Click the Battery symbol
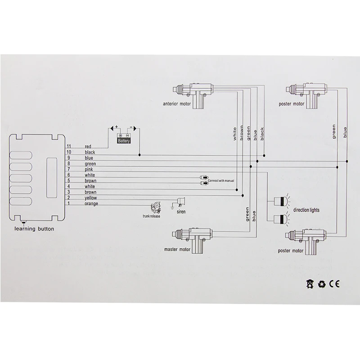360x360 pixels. (124, 139)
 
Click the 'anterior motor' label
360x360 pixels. (177, 104)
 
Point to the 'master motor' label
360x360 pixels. (177, 249)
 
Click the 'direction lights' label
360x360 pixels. (306, 210)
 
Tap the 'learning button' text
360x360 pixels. (34, 229)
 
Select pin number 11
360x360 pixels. (69, 146)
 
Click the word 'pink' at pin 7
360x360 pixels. (89, 170)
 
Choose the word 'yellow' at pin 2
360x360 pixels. (91, 198)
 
